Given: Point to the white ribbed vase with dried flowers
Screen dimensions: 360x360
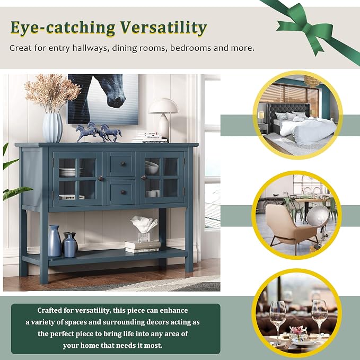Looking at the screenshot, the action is click(x=52, y=128).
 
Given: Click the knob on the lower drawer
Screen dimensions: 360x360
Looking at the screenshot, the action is click(x=123, y=192).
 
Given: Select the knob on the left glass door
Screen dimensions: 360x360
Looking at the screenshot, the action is click(x=100, y=178).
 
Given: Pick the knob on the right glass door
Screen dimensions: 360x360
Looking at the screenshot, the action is click(x=144, y=178).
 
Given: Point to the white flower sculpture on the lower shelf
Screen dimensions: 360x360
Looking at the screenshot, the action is click(x=144, y=224).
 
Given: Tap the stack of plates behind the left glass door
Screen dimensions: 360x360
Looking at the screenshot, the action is click(x=68, y=172).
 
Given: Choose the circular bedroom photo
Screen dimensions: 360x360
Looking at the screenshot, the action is click(x=298, y=115).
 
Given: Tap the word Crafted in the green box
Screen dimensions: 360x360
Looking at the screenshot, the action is click(x=49, y=310).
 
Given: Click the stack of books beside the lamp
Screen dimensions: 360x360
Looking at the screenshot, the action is click(x=151, y=137).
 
